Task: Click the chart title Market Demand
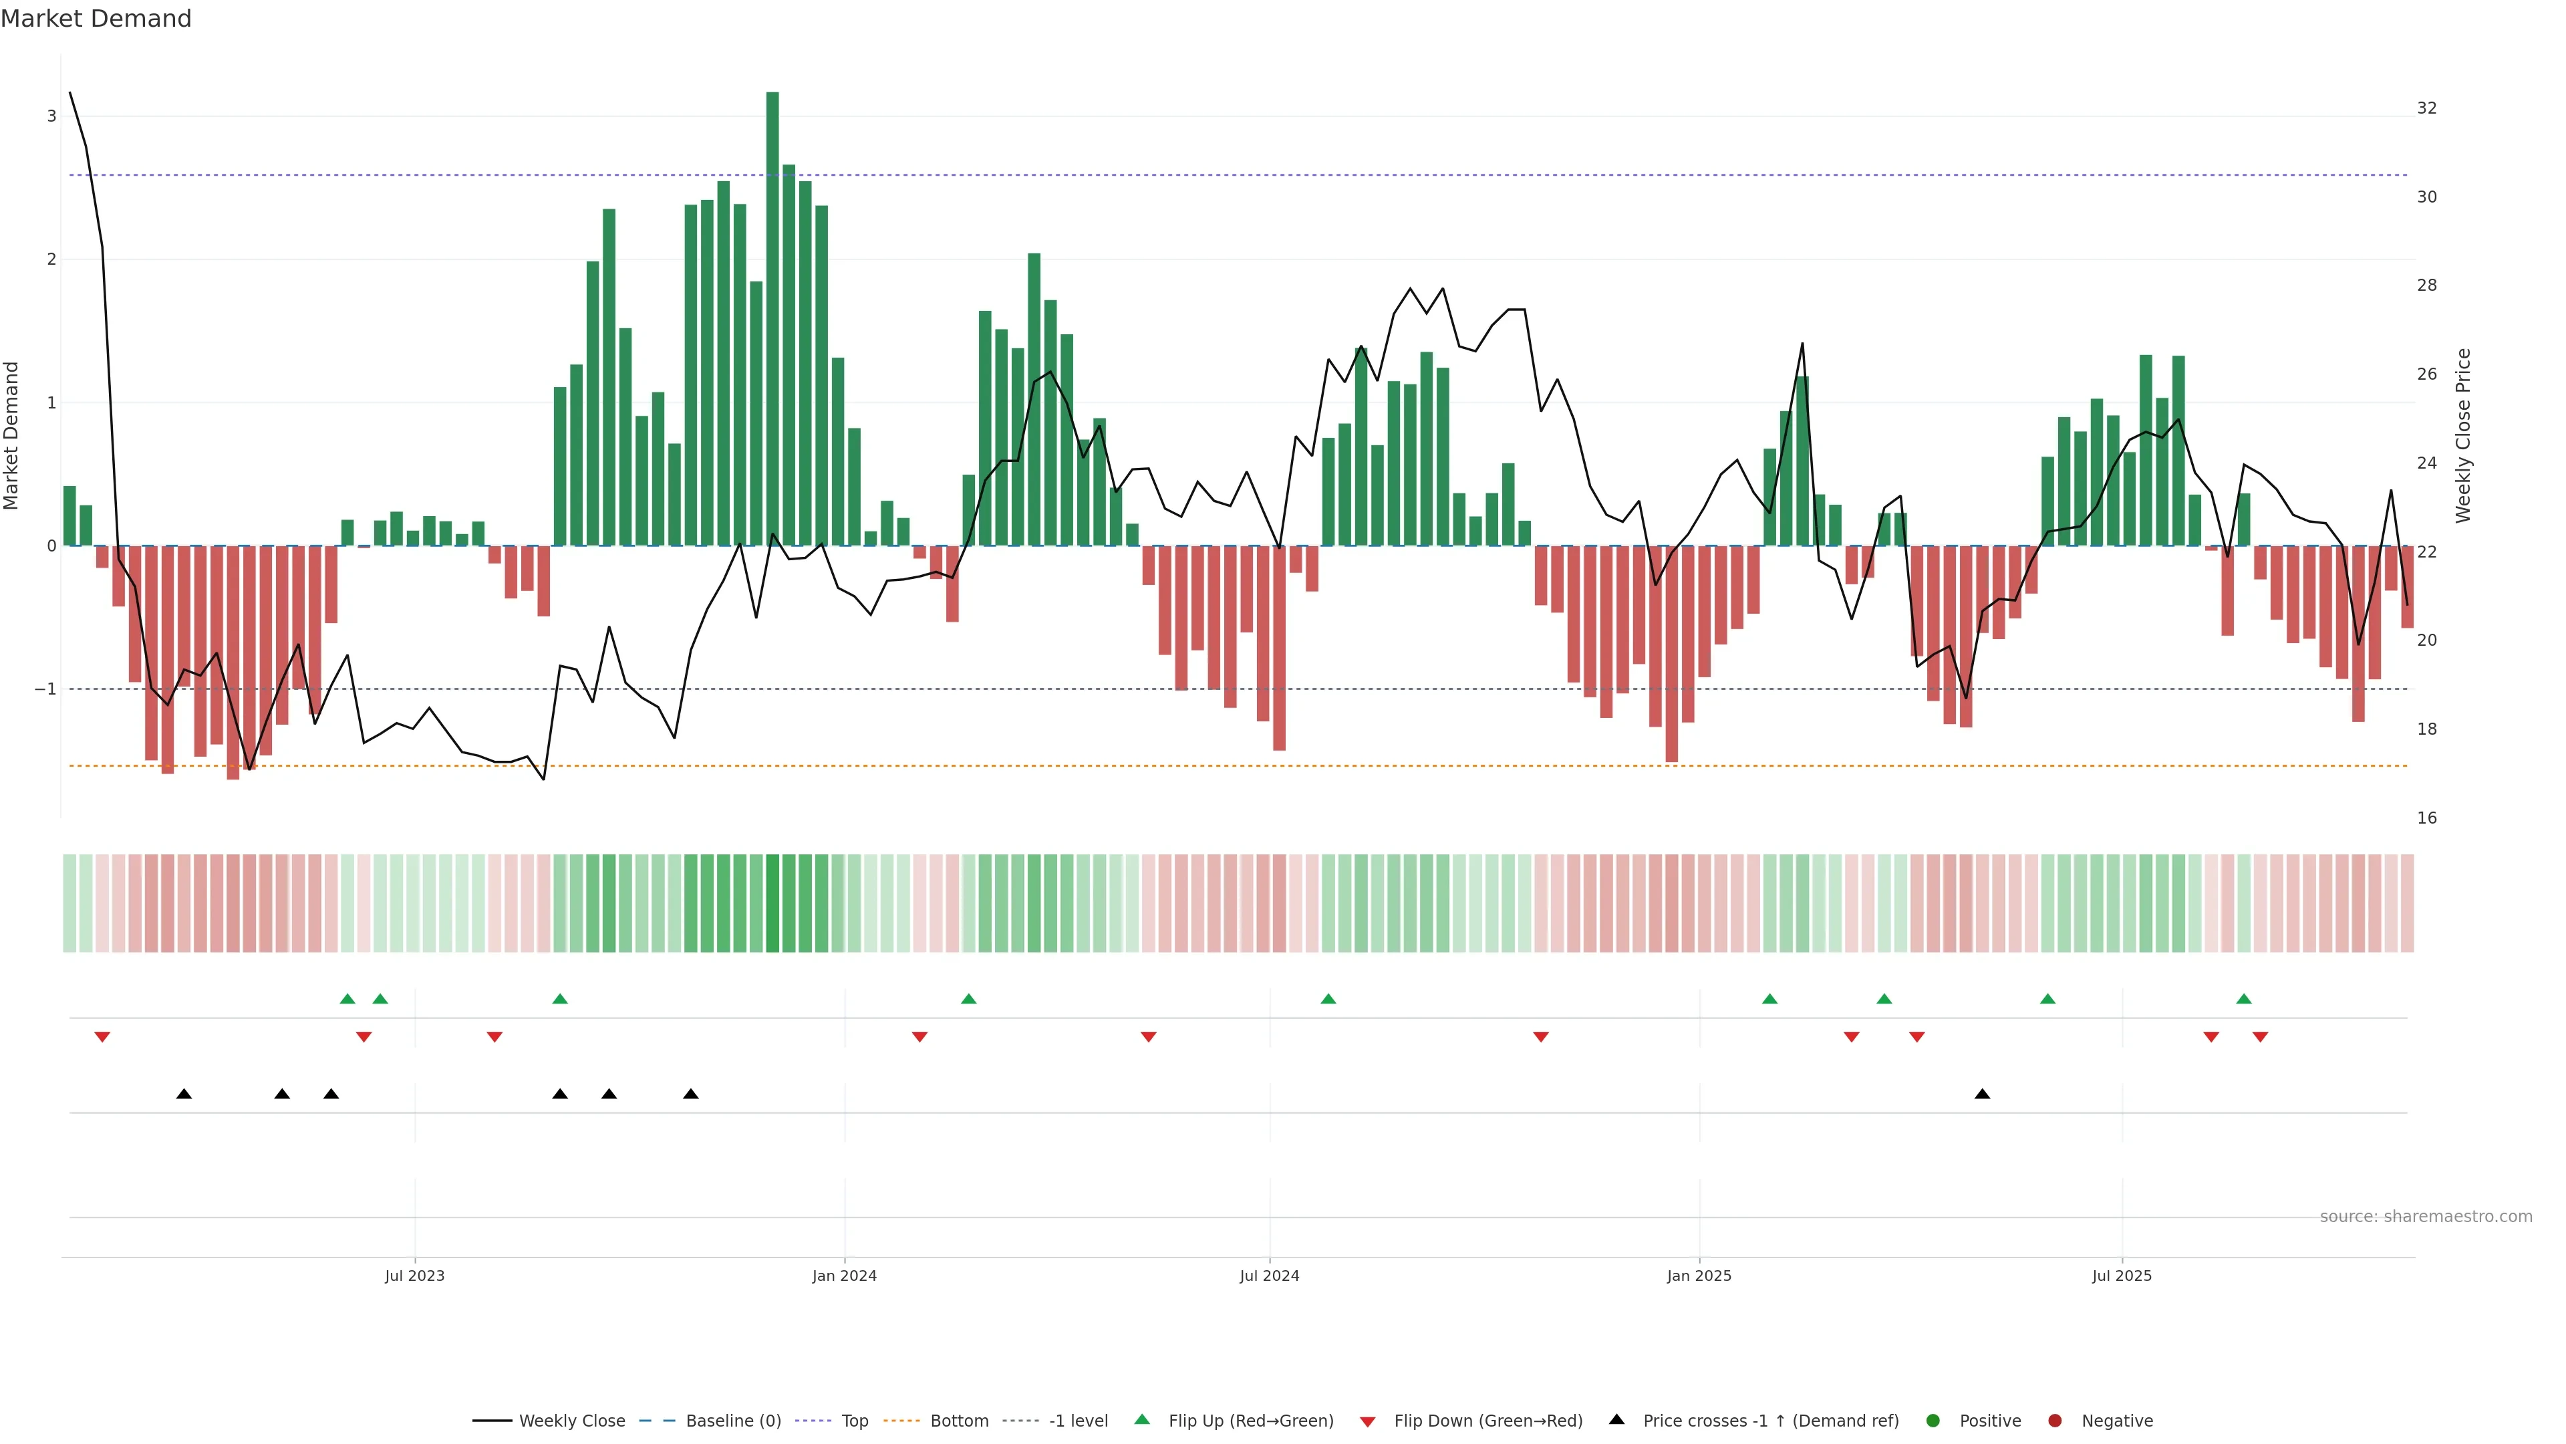pos(96,19)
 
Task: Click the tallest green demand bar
pos(772,319)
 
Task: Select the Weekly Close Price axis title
pos(2463,435)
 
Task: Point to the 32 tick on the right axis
pos(2426,108)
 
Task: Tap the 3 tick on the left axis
pos(52,116)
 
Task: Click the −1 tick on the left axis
pos(46,690)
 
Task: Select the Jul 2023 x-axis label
pos(414,1276)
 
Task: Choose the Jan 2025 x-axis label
pos(1699,1276)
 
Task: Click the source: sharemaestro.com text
pos(2426,1217)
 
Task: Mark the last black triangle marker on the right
pos(1982,1094)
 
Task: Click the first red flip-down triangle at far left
pos(102,1038)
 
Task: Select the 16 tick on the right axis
pos(2426,818)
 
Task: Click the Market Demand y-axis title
pos(12,435)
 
